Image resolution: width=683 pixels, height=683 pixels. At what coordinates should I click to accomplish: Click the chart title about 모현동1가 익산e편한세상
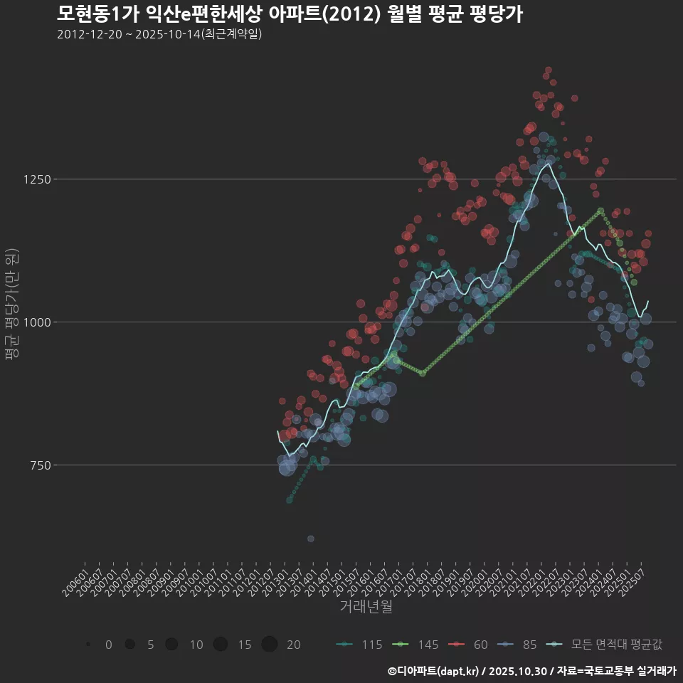290,14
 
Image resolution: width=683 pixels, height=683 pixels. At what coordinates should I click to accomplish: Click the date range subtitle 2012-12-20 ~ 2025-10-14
159,34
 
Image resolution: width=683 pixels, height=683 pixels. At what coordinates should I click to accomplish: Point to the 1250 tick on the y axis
35,179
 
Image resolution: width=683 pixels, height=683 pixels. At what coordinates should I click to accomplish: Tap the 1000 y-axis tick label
35,322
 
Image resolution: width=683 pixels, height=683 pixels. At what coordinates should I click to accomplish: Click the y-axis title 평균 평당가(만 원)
12,307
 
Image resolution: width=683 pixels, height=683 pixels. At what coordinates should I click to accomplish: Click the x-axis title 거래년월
366,606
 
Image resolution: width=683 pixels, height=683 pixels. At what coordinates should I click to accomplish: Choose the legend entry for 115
359,645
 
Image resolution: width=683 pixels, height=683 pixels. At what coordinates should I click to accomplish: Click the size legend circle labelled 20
269,645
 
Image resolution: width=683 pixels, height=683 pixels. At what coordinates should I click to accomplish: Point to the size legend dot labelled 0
88,645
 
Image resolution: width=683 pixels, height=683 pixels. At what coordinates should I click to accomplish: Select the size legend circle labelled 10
171,645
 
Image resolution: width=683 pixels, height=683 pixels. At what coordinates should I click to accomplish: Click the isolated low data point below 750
310,539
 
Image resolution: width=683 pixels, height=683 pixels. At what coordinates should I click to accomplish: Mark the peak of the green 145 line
600,211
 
